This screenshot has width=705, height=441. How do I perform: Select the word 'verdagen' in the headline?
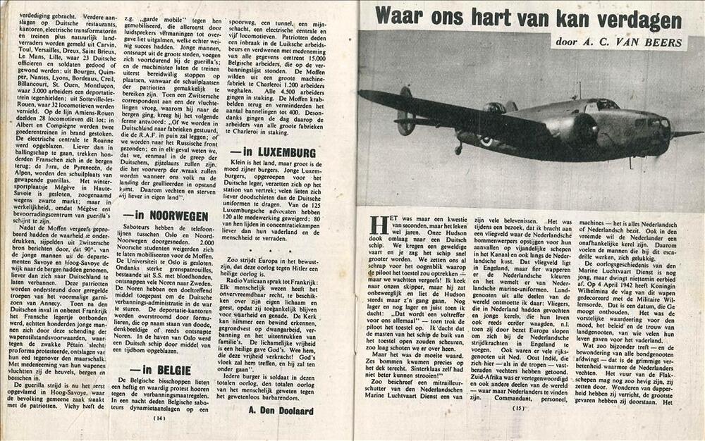point(641,19)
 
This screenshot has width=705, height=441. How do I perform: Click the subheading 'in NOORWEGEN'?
point(166,216)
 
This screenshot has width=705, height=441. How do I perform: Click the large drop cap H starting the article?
point(379,225)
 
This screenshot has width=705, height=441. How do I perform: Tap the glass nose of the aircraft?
point(659,130)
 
